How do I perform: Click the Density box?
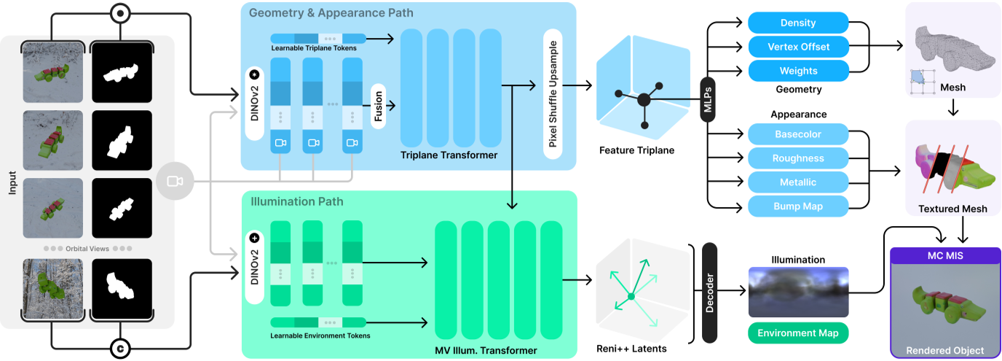[x=798, y=23]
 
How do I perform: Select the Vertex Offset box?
[x=798, y=47]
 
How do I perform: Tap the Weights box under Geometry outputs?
[x=798, y=71]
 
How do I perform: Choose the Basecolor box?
[x=798, y=134]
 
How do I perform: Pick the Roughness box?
[x=798, y=158]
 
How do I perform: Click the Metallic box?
[x=798, y=182]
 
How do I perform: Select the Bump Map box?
[x=798, y=206]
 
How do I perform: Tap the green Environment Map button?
[x=798, y=333]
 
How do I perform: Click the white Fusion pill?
[x=378, y=106]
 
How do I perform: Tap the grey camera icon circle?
[x=175, y=181]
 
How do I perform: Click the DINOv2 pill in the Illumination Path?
[x=254, y=265]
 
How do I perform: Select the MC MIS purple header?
[x=945, y=256]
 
